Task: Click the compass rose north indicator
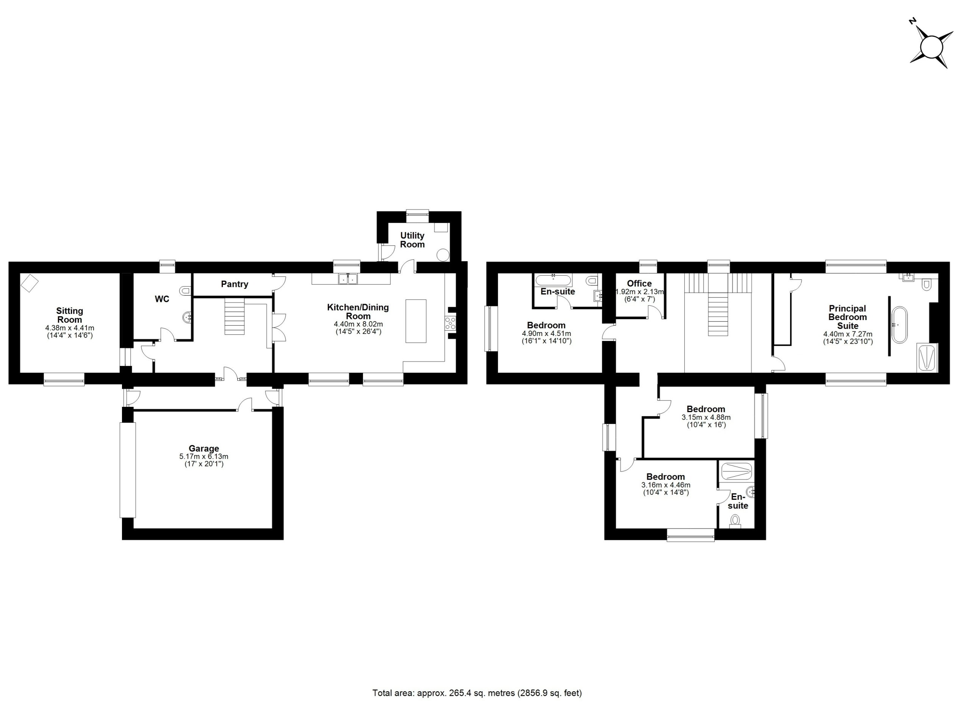pos(913,33)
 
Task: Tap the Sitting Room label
pos(70,315)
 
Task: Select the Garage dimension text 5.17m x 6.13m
pos(203,457)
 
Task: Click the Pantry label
pos(235,284)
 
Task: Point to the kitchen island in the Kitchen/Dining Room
pos(416,321)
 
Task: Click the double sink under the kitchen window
pos(348,279)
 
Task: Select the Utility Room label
pos(412,240)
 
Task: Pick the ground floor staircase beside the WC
pos(235,317)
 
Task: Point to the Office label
pos(639,283)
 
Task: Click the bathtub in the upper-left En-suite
pos(554,280)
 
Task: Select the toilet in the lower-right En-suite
pos(735,521)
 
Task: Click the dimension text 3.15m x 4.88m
pos(706,417)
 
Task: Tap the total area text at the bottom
pos(477,693)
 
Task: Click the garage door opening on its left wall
pos(127,470)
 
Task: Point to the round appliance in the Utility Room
pos(443,256)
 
